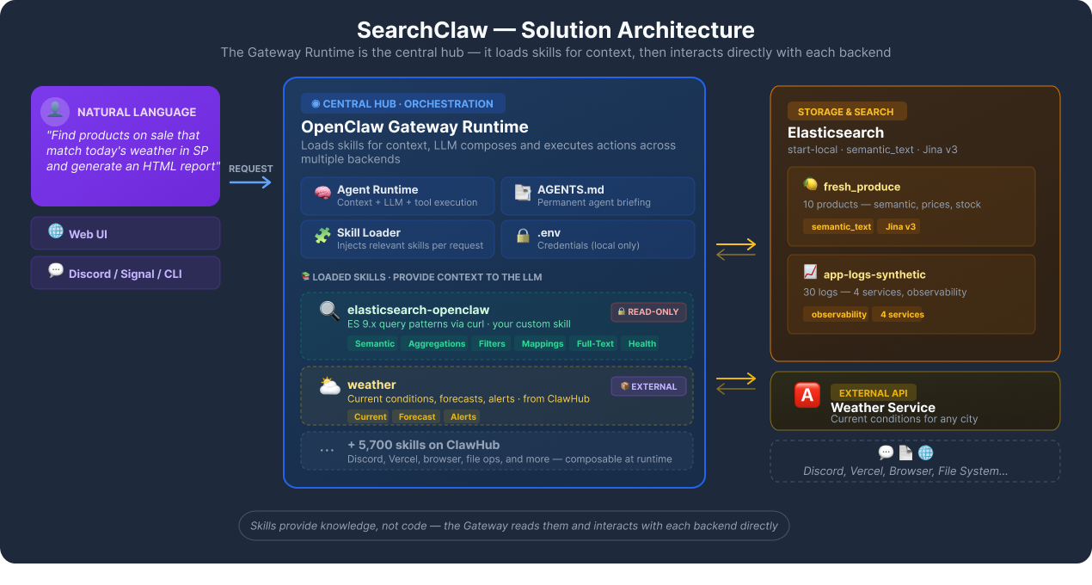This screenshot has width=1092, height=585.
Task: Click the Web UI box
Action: [126, 233]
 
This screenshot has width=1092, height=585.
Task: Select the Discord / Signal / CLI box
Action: [126, 273]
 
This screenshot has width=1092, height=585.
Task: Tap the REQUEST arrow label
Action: [250, 169]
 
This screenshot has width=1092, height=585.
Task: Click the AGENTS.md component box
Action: [598, 195]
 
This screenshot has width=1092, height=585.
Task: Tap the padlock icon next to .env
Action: [523, 236]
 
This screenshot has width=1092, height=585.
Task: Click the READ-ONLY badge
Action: [648, 311]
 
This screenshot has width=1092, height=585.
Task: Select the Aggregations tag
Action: [437, 343]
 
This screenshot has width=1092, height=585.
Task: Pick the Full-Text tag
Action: [595, 343]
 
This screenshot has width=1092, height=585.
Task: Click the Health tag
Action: [641, 343]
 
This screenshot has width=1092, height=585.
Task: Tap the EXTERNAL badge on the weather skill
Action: [648, 386]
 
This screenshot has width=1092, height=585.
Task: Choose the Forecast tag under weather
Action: [417, 416]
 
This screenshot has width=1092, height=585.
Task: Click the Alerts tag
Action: [463, 416]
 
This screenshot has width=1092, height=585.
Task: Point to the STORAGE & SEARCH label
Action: [846, 112]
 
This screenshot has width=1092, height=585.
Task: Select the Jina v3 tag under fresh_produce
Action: [899, 226]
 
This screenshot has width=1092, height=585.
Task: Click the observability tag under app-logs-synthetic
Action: [838, 314]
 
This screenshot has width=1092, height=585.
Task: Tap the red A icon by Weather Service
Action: [807, 395]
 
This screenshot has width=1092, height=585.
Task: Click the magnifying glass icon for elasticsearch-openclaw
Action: [329, 311]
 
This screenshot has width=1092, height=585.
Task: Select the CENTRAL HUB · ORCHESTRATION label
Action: [402, 104]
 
